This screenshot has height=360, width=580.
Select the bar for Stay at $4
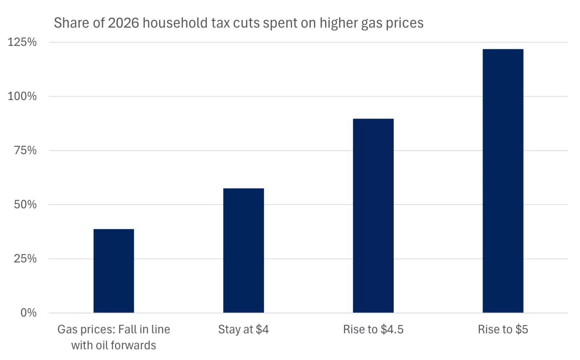click(243, 250)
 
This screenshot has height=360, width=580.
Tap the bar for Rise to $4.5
click(373, 215)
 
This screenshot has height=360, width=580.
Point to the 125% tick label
click(22, 42)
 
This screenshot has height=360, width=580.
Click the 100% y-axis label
click(22, 96)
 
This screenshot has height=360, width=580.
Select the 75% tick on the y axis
click(25, 150)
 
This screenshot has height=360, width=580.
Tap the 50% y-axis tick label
click(25, 204)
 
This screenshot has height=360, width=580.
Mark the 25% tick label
click(25, 258)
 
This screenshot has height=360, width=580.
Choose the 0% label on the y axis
click(28, 313)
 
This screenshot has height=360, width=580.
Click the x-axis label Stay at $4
click(243, 329)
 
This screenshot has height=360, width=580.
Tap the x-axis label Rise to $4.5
click(373, 329)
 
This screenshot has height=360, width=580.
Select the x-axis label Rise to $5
click(503, 329)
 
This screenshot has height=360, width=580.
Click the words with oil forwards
click(113, 345)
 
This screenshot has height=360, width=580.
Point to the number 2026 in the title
click(123, 23)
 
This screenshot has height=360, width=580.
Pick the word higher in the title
click(338, 23)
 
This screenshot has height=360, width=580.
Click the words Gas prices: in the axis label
click(86, 329)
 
